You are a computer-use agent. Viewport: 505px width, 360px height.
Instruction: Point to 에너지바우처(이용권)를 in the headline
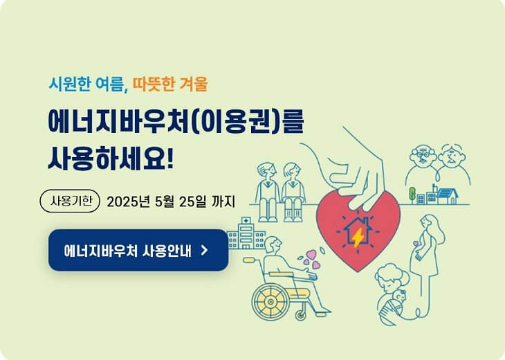point(175,120)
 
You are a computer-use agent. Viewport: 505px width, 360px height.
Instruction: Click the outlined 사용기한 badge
point(71,202)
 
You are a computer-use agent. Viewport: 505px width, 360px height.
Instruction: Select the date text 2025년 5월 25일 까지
point(171,202)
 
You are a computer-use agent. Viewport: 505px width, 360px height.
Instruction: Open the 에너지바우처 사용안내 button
point(138,250)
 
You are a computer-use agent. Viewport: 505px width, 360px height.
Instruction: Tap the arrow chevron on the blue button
point(203,250)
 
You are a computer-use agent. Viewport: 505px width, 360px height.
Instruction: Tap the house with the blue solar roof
point(446,196)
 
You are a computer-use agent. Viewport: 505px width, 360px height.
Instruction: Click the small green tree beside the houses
point(411,194)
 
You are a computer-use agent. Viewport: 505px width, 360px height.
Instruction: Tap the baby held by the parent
point(397,299)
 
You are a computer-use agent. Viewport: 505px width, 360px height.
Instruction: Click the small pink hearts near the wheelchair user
point(313,258)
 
